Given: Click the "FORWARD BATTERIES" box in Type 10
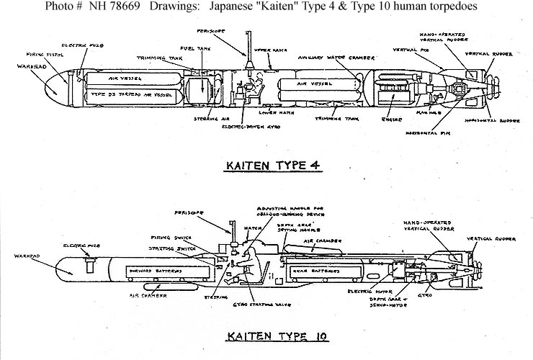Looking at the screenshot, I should tap(154, 271).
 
